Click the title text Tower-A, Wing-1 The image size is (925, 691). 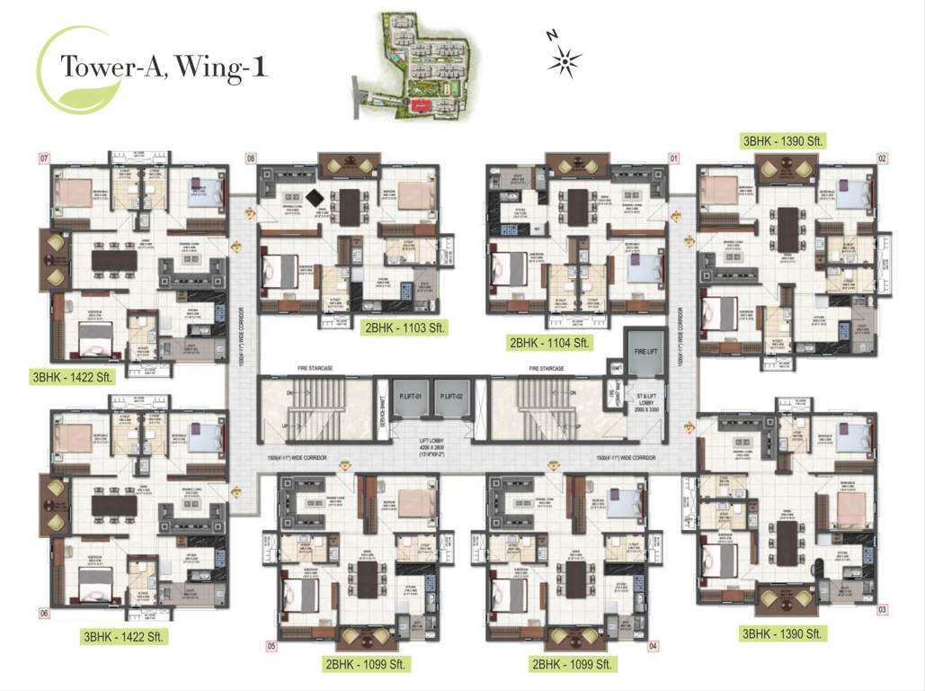(x=163, y=67)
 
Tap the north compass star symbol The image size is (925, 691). (x=565, y=60)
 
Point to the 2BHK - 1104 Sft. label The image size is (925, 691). (x=548, y=343)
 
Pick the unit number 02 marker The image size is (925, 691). (x=883, y=158)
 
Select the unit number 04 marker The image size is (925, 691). (x=654, y=646)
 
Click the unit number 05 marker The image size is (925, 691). (x=270, y=646)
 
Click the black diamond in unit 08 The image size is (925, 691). (x=314, y=198)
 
